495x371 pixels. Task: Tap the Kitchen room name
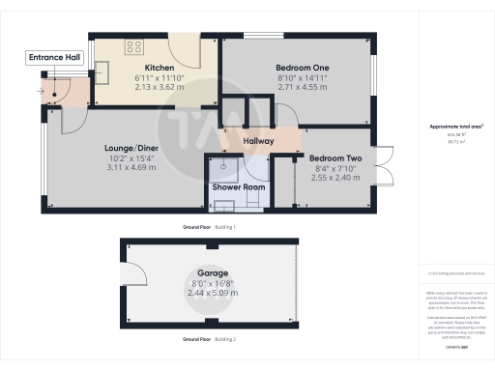pyautogui.click(x=146, y=68)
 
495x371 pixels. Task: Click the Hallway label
pyautogui.click(x=258, y=142)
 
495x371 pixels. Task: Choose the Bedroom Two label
pyautogui.click(x=335, y=157)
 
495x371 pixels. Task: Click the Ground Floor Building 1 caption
pyautogui.click(x=209, y=226)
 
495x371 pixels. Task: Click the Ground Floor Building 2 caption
pyautogui.click(x=209, y=339)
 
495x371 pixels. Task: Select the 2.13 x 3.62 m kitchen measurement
pyautogui.click(x=146, y=86)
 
